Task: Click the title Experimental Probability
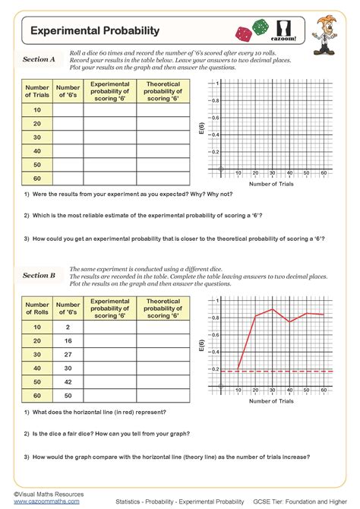coord(95,31)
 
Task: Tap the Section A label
coord(39,59)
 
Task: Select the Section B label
coord(39,276)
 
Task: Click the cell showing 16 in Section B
coord(68,340)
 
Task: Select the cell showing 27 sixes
coord(68,354)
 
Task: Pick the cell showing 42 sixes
coord(68,381)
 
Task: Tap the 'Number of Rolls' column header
coord(37,308)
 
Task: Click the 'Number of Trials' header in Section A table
coord(37,91)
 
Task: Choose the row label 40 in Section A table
coord(37,151)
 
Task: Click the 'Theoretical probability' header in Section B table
coord(163,308)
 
